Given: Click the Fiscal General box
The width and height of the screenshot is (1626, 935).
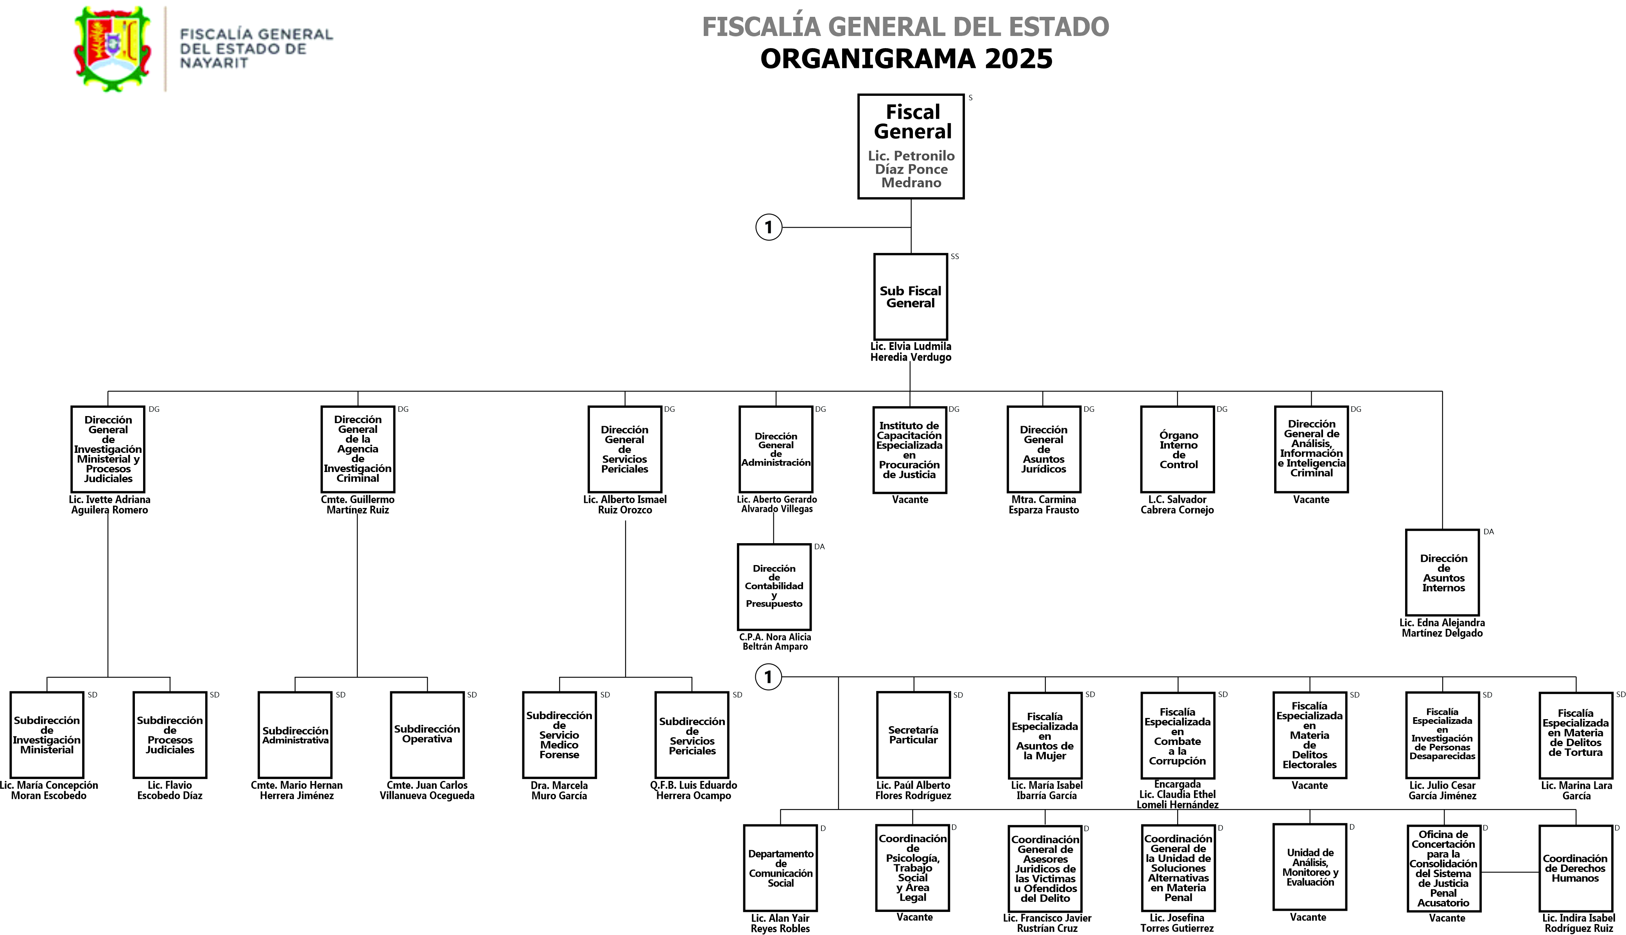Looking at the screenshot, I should (x=911, y=146).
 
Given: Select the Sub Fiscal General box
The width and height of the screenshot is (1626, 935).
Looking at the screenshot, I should (x=910, y=297).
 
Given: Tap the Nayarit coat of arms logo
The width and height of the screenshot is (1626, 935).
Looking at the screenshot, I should (x=113, y=49).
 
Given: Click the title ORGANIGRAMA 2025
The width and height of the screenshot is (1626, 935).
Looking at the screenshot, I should (x=906, y=59).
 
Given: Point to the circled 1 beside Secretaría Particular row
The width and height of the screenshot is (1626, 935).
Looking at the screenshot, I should (x=768, y=677).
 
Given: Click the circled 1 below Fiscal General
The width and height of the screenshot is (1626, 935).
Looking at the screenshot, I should (x=768, y=227).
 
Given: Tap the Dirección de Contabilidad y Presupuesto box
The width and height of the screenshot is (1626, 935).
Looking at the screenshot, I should (x=774, y=586).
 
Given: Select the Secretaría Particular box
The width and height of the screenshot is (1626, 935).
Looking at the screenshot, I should (x=913, y=735).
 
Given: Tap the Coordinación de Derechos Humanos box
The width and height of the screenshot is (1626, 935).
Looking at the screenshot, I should (x=1575, y=868).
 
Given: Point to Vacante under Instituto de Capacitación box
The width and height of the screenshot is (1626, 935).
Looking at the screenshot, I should (x=910, y=500).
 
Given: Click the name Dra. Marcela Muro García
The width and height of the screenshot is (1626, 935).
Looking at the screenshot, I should (x=559, y=791).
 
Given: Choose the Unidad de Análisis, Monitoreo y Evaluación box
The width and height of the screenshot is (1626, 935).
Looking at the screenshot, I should (x=1310, y=867).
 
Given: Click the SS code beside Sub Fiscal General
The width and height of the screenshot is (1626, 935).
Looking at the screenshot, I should (x=955, y=257).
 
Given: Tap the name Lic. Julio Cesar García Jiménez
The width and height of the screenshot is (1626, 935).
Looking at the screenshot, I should (x=1442, y=791).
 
